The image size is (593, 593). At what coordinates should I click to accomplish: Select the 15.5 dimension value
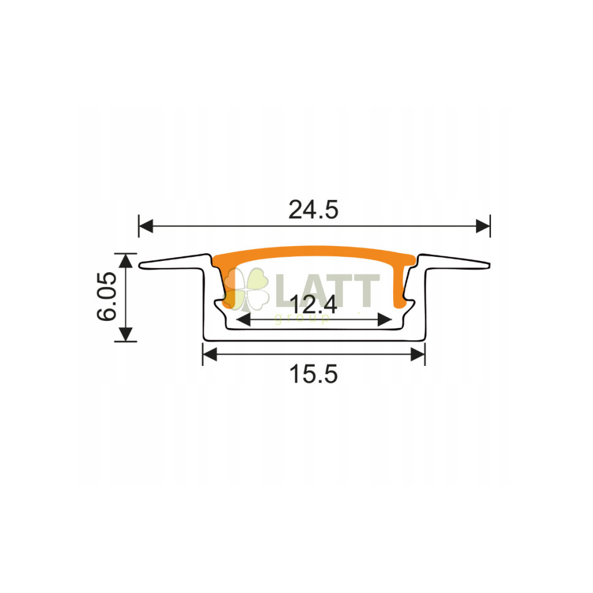pyautogui.click(x=313, y=374)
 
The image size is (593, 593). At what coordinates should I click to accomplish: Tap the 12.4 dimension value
pyautogui.click(x=313, y=304)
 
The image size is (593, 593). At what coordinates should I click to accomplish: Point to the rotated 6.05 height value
pyautogui.click(x=107, y=296)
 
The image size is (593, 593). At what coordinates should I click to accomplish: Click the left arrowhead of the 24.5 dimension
pyautogui.click(x=146, y=226)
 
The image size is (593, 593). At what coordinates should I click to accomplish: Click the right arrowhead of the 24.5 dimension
pyautogui.click(x=483, y=226)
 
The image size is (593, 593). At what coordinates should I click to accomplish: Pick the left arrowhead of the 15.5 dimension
pyautogui.click(x=210, y=355)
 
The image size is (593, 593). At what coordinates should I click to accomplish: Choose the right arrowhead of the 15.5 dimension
pyautogui.click(x=418, y=355)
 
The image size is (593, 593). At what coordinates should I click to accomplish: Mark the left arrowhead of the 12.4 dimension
pyautogui.click(x=243, y=320)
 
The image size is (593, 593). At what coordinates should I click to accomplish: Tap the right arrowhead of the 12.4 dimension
pyautogui.click(x=385, y=320)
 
